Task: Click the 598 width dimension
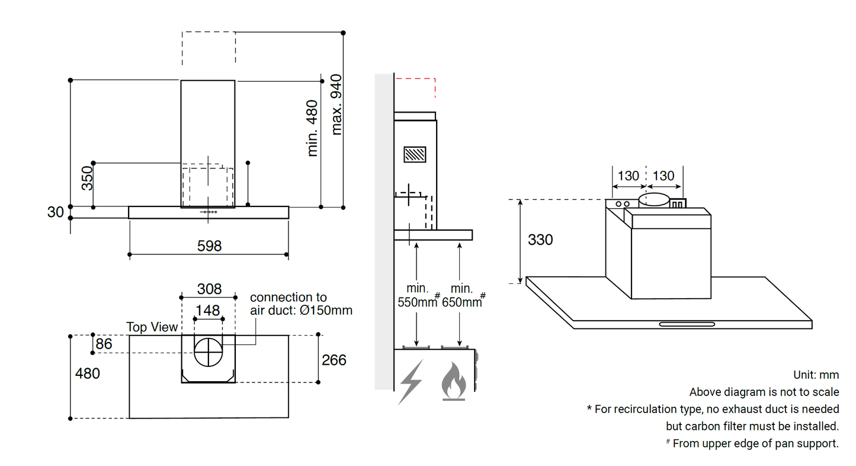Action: point(209,245)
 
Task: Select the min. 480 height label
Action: point(313,128)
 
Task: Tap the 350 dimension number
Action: point(87,178)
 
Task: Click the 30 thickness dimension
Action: point(55,212)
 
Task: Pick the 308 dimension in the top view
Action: point(209,289)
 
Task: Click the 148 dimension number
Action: point(208,310)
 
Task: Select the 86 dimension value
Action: point(104,344)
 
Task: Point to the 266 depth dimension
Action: point(334,360)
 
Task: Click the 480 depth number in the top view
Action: point(87,374)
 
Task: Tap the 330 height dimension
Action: point(540,240)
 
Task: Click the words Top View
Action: point(152,327)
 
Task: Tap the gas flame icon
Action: point(454,382)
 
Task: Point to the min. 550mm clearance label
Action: point(418,295)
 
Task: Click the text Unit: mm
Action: point(816,375)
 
